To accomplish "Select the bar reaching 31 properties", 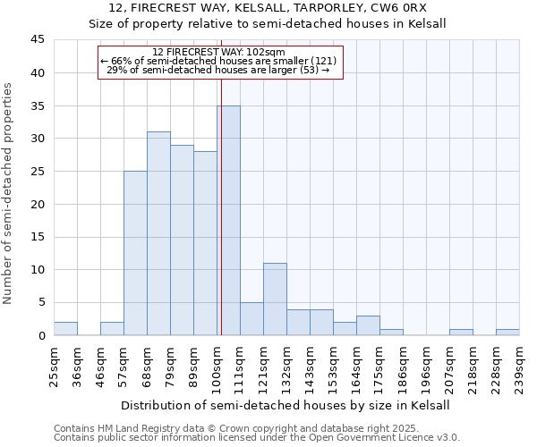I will (158, 233).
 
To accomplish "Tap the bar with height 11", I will (275, 299).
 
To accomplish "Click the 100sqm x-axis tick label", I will (217, 369).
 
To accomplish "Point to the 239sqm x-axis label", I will (520, 369).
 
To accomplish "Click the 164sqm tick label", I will (357, 369).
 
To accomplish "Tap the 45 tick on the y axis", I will (37, 40).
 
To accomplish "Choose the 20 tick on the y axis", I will (37, 204).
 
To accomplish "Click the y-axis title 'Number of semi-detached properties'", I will (9, 193).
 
